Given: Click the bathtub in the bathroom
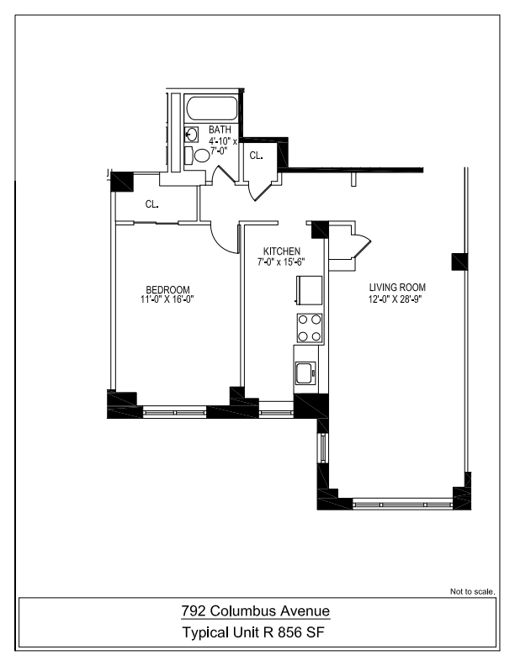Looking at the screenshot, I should (212, 108).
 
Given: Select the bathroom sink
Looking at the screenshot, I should (191, 134).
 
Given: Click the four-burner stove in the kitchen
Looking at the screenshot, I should (310, 327).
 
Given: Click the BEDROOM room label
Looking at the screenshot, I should (167, 288).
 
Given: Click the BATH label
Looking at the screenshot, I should (220, 129).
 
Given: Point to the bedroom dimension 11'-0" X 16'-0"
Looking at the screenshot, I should (167, 299).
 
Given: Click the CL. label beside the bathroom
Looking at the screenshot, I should (256, 156).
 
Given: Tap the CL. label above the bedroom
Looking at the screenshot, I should (152, 203).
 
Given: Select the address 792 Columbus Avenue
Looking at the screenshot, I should (257, 610).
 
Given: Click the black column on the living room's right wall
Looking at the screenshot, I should (461, 261).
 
